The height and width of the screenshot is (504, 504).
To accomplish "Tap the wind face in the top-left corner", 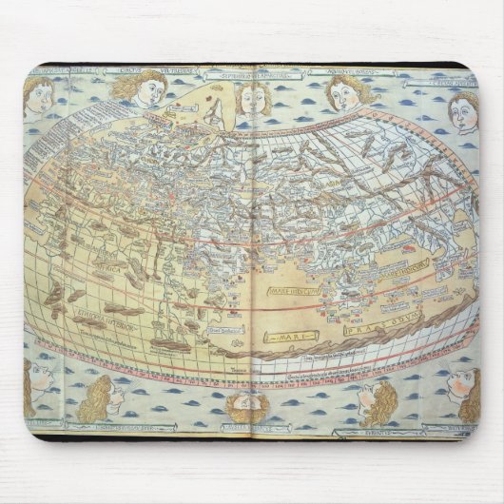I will click(x=38, y=96).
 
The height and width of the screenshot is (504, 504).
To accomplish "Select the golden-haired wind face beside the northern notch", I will click(x=140, y=87).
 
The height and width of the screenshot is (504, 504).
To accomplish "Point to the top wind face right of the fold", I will click(x=344, y=92).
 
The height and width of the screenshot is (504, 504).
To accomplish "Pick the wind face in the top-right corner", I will click(x=463, y=111).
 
